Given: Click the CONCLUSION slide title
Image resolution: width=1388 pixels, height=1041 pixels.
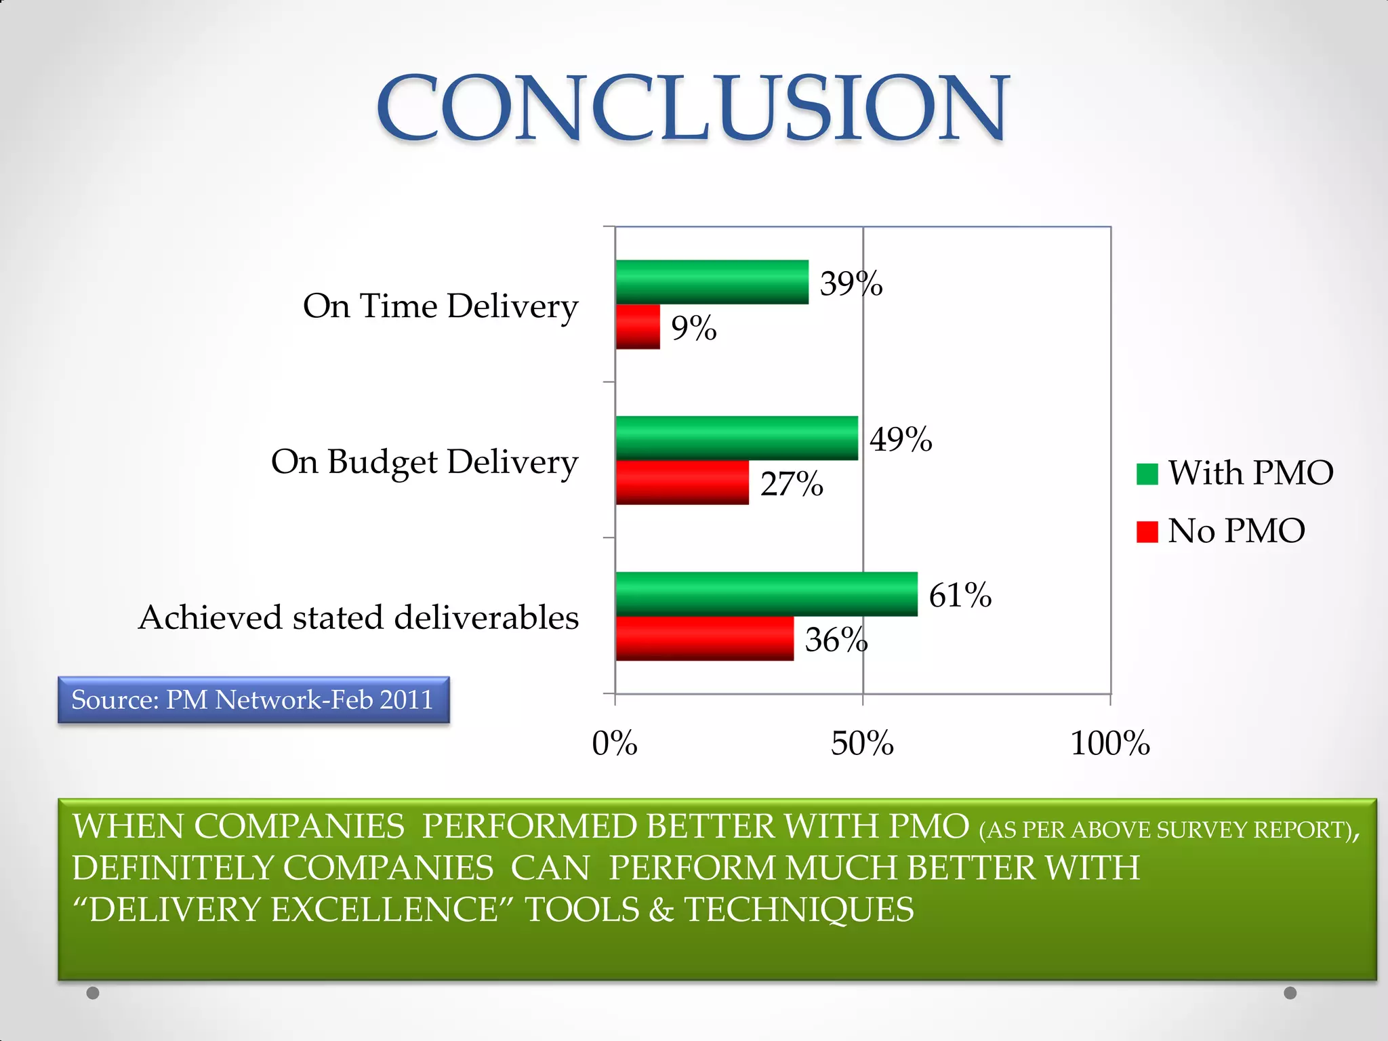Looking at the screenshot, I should click(693, 108).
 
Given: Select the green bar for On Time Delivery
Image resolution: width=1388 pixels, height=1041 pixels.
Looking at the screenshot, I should click(712, 282).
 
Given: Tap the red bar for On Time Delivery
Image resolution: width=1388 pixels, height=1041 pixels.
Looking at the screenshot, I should click(638, 327).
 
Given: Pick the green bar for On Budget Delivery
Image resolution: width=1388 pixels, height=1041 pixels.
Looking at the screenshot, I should click(737, 438).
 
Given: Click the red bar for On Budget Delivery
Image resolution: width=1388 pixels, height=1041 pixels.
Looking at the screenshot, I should click(682, 483).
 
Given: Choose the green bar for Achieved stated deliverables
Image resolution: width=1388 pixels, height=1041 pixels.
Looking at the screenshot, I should click(767, 594).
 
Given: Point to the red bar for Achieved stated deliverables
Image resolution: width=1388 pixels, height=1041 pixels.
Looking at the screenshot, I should click(705, 638).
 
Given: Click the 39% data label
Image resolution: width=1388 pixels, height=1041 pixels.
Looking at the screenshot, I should click(851, 283).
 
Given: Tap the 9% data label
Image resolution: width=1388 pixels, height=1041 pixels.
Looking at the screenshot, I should click(694, 328).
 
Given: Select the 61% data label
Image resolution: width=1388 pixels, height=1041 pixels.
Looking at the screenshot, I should click(960, 595).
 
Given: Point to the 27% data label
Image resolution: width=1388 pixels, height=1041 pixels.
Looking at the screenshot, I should click(792, 484).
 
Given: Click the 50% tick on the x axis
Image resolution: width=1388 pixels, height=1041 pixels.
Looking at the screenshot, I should click(862, 743).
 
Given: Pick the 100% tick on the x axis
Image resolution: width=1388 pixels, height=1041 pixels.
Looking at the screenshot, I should click(1110, 743).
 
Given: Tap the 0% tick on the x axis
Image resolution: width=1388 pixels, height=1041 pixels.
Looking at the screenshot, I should click(615, 743).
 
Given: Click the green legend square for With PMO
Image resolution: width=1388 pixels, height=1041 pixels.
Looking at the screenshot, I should click(1147, 474).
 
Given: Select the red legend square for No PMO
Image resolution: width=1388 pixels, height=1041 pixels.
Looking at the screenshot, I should click(1147, 531).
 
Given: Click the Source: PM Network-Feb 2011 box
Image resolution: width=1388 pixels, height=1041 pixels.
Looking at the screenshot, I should click(253, 699).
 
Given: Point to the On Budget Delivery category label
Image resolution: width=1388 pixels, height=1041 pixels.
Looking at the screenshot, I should click(425, 462).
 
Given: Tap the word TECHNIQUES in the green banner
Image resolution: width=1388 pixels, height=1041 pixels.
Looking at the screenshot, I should click(799, 910).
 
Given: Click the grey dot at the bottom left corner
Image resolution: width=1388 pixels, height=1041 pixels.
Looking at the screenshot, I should click(93, 993).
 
